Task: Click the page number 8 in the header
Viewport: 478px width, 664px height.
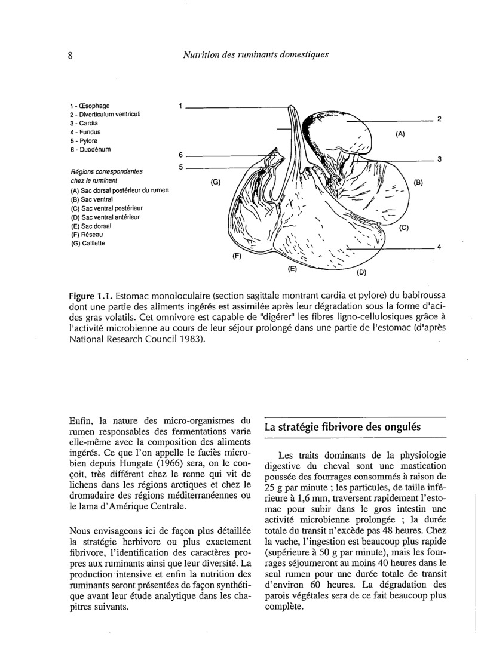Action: click(70, 56)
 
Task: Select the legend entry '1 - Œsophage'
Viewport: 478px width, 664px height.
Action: click(90, 106)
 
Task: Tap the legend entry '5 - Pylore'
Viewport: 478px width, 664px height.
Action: click(85, 140)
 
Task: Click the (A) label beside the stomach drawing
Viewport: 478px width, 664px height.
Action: click(401, 134)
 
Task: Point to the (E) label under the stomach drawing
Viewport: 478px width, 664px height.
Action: click(292, 269)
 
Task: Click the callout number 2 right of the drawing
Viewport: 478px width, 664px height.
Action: click(439, 119)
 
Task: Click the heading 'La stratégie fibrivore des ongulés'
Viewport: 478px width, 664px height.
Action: click(343, 427)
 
